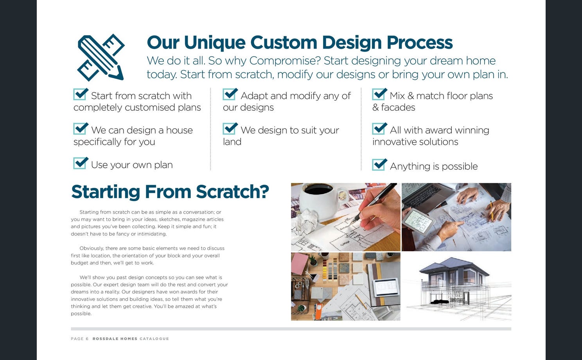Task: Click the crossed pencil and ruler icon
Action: [101, 58]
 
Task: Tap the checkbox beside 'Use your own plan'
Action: [81, 163]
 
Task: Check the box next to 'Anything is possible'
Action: [379, 164]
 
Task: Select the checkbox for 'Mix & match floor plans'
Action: [379, 94]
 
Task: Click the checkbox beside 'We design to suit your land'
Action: [230, 129]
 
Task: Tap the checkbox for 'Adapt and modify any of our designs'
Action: [230, 94]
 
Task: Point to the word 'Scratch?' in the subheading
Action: [232, 192]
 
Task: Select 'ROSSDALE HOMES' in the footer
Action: [115, 339]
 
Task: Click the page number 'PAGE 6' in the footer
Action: [79, 339]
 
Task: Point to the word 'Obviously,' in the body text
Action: [92, 248]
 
